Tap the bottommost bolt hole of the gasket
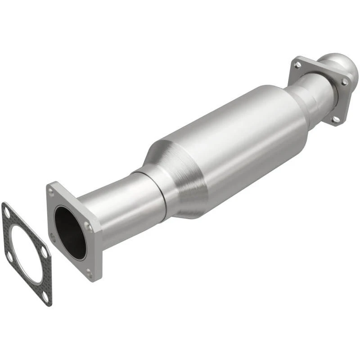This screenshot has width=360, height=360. click(45, 297)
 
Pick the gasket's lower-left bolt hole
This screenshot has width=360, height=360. click(9, 257)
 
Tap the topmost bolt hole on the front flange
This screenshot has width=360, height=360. click(52, 192)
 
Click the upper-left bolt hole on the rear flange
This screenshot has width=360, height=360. click(297, 65)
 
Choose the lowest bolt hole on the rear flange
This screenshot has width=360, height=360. click(336, 119)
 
